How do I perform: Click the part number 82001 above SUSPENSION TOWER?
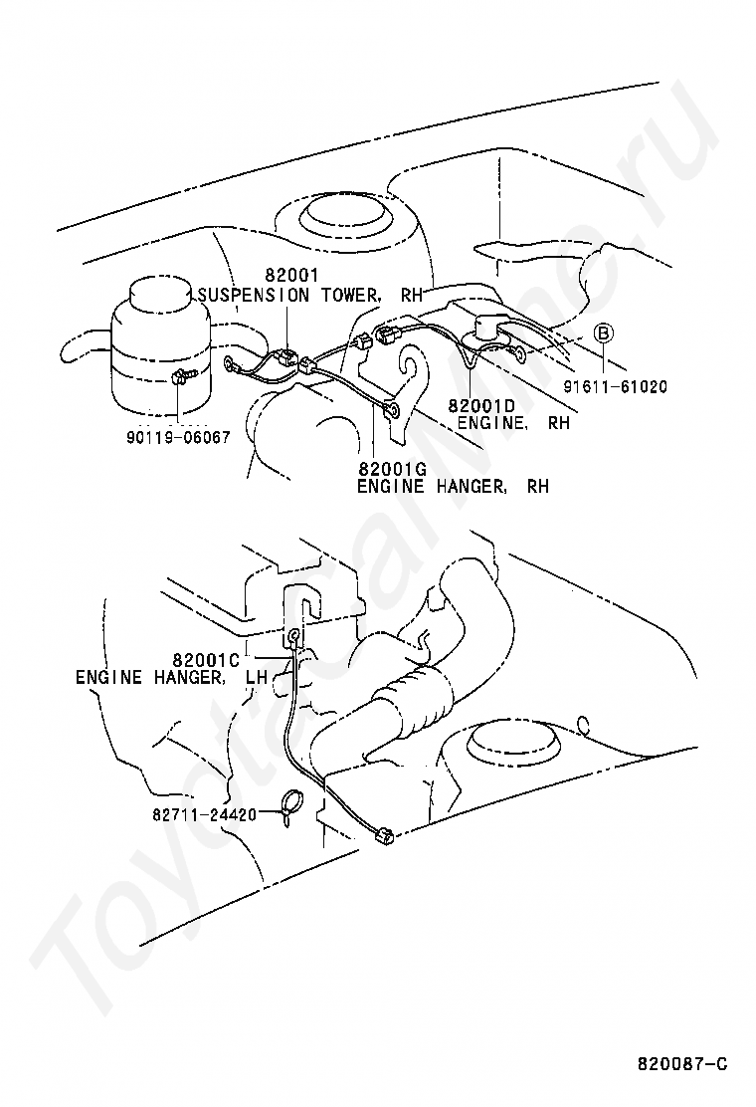[x=287, y=277]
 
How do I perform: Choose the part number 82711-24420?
[x=204, y=813]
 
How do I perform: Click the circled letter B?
[x=603, y=332]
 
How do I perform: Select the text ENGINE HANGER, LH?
[x=172, y=677]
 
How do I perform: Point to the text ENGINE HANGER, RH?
[x=453, y=487]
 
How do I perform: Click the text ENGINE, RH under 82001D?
[x=513, y=423]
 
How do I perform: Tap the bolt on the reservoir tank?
[x=180, y=378]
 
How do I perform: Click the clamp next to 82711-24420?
[x=290, y=804]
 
